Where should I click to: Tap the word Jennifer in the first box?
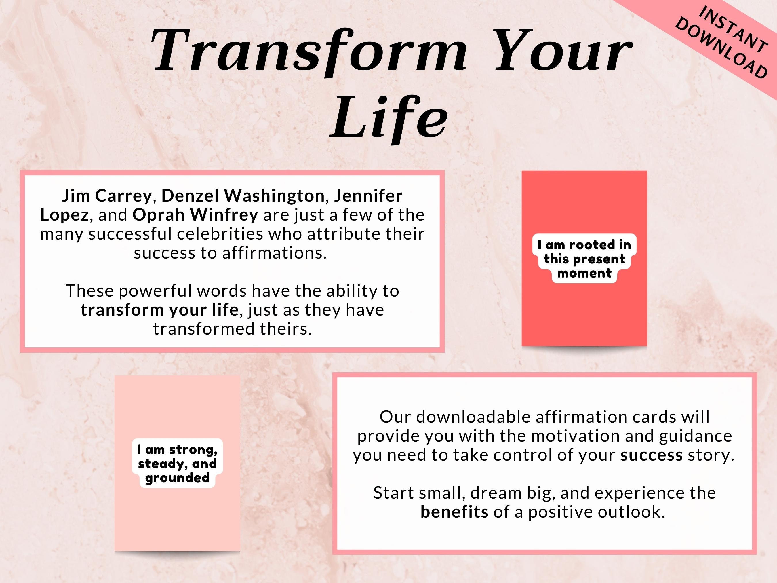(x=368, y=196)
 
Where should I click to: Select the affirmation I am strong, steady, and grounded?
(x=177, y=464)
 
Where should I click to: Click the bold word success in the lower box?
(x=651, y=455)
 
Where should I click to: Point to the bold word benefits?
(x=454, y=512)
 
